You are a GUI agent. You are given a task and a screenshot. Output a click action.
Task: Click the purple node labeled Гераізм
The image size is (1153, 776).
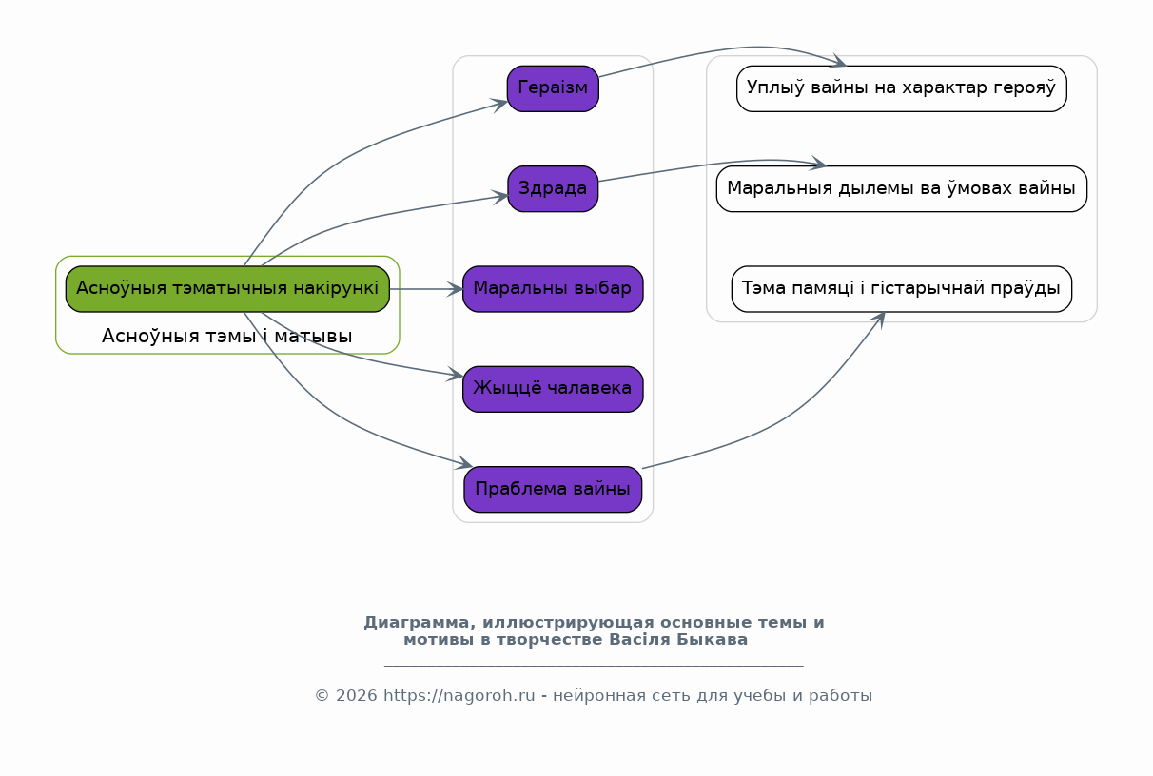click(553, 88)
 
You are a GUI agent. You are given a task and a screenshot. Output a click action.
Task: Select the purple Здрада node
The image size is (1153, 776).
click(553, 188)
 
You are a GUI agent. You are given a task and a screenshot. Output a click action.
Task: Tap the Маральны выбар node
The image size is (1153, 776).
click(553, 288)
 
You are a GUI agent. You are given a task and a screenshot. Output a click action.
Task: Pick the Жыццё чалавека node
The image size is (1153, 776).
click(553, 389)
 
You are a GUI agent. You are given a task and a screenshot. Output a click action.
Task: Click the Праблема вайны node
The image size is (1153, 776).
click(553, 489)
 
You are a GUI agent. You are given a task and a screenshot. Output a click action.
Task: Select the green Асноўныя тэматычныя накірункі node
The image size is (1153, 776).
click(227, 288)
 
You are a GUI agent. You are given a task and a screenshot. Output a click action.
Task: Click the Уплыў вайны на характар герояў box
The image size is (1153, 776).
click(901, 88)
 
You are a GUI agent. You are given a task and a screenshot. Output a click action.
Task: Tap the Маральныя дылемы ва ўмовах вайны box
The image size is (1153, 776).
click(901, 188)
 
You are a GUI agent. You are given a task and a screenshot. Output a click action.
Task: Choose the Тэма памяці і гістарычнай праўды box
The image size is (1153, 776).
click(901, 288)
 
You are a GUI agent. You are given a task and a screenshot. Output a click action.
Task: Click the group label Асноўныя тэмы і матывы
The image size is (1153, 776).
click(227, 336)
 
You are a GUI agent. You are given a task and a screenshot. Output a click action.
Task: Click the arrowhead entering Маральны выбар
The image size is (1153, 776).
click(458, 288)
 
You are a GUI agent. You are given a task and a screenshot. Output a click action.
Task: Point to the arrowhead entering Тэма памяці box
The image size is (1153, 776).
click(881, 319)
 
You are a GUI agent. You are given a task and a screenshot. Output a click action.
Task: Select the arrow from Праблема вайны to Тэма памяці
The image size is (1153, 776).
click(780, 419)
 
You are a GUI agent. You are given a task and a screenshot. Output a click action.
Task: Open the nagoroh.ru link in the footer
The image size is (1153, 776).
click(459, 696)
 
